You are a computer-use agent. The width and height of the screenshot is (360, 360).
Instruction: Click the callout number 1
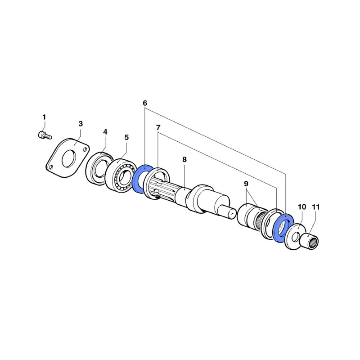(x=44, y=117)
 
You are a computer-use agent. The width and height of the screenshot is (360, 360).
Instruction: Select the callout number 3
(x=81, y=123)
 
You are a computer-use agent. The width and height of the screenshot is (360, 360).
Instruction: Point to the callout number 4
(x=105, y=132)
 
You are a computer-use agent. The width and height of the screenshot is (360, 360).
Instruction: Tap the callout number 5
(x=126, y=136)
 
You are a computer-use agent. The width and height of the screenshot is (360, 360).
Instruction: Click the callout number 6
(x=145, y=103)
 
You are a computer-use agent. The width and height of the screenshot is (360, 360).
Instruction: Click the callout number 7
(x=158, y=128)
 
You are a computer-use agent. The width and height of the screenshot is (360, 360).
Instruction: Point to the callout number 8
(x=184, y=159)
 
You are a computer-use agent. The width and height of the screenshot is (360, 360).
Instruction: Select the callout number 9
(x=246, y=184)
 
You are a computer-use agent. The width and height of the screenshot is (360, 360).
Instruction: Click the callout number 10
(x=302, y=207)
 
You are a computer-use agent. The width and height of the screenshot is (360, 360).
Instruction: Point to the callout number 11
(x=315, y=207)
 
